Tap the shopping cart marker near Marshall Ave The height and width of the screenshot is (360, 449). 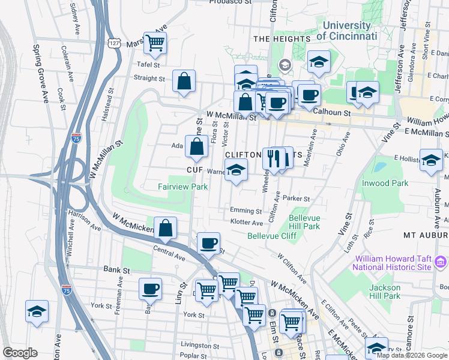tap(155, 43)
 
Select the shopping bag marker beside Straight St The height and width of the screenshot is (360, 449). tap(184, 81)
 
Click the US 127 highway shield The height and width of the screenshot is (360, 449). tap(114, 44)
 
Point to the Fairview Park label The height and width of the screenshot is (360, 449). tap(182, 187)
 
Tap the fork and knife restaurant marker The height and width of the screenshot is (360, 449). tap(274, 159)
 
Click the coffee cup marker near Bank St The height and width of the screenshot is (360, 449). tap(150, 289)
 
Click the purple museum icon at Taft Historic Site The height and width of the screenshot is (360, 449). tap(441, 261)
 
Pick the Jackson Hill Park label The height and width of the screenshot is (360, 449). tap(384, 291)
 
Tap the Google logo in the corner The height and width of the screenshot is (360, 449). tap(19, 353)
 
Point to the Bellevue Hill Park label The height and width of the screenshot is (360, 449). tap(304, 222)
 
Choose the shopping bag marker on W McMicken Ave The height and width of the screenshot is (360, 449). tap(166, 227)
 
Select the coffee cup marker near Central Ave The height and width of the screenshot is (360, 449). tap(208, 242)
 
